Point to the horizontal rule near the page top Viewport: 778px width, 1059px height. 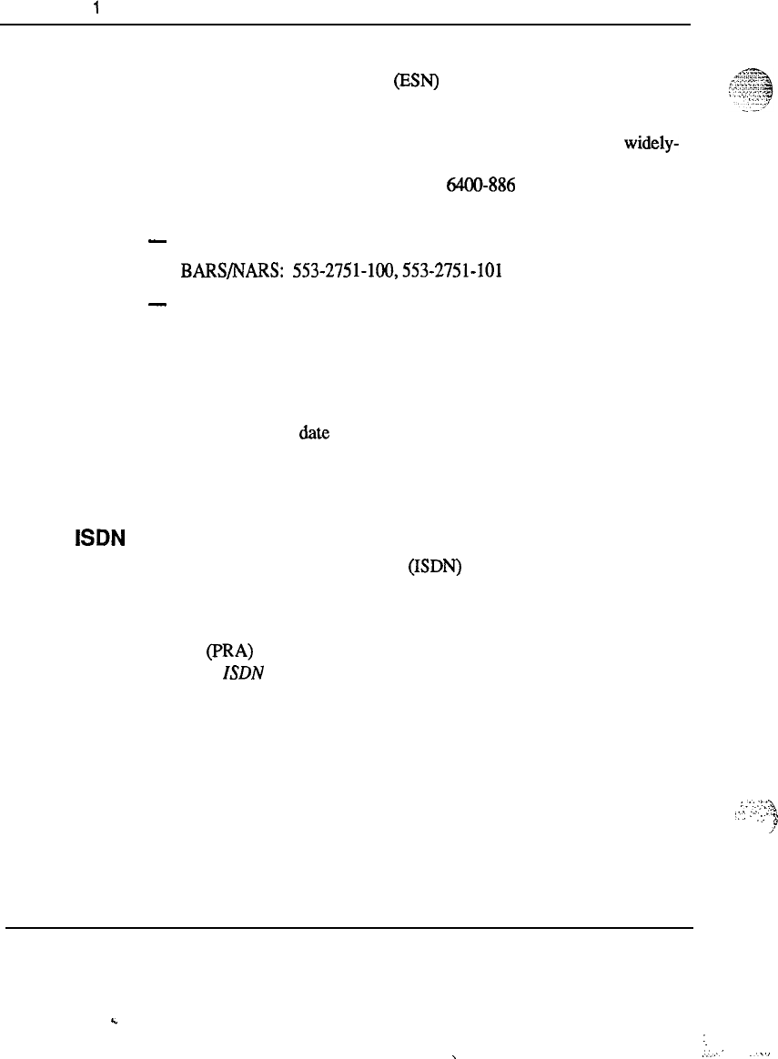click(346, 25)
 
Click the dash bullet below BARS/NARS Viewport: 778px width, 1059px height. click(156, 307)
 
